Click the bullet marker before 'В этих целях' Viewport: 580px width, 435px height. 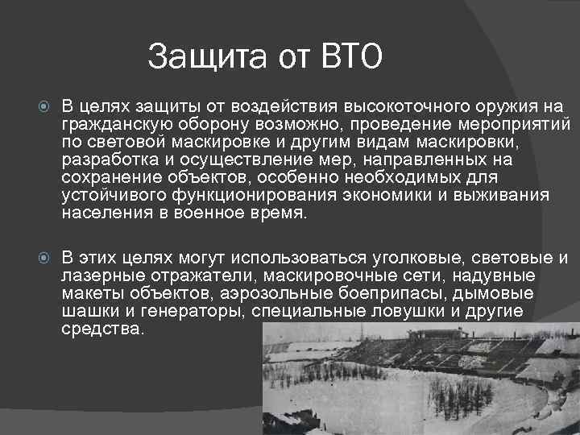click(44, 259)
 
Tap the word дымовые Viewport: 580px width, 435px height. click(512, 293)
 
